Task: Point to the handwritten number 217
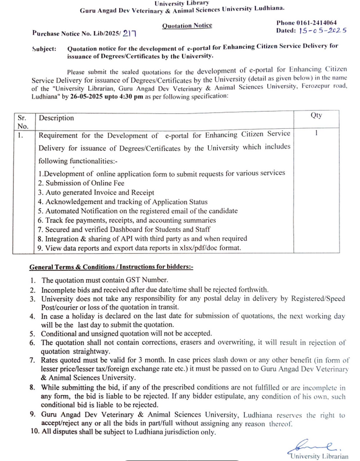click(x=130, y=33)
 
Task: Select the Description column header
click(x=57, y=118)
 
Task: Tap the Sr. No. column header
click(x=23, y=121)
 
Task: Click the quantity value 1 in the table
click(x=316, y=133)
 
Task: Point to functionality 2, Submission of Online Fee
click(x=81, y=183)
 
